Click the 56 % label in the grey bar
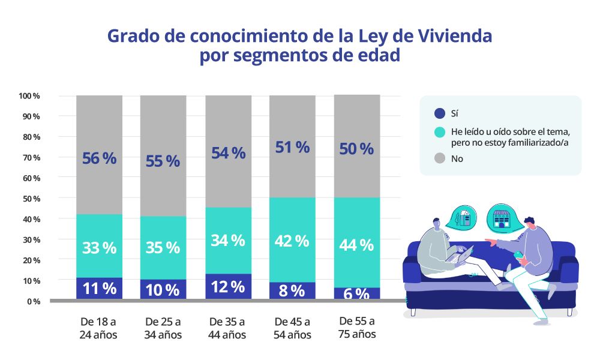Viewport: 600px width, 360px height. (99, 158)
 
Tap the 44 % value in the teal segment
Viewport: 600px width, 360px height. (356, 245)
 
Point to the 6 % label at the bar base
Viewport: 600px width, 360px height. (356, 293)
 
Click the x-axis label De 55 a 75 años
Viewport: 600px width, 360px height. (357, 326)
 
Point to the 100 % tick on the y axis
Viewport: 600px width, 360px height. (29, 96)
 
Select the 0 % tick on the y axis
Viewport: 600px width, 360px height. (33, 301)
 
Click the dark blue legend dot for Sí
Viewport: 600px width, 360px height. (439, 113)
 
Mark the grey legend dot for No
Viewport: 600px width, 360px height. (439, 159)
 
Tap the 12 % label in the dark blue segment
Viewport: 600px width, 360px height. (228, 287)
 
